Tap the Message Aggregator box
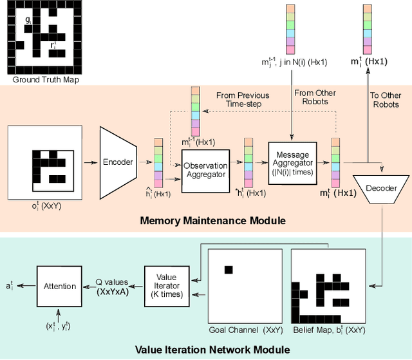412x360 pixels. (292, 162)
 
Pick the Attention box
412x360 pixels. (59, 285)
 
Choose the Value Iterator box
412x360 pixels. (167, 285)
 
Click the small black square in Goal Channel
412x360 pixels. (227, 269)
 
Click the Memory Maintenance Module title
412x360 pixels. (212, 221)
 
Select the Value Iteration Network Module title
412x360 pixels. (212, 350)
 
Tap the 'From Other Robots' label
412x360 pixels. (311, 97)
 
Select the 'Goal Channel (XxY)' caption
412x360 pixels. (244, 330)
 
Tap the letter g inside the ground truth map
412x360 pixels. (28, 21)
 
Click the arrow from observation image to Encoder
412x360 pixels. (91, 163)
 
